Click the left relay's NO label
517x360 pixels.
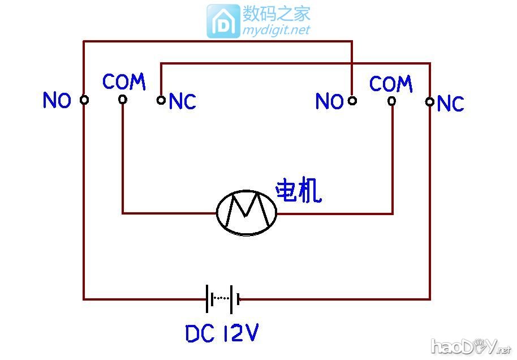[x=57, y=101]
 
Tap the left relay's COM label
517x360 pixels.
[x=124, y=82]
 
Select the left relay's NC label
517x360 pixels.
[x=182, y=102]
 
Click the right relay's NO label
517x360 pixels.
[x=329, y=102]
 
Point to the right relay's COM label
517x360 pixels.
[x=391, y=84]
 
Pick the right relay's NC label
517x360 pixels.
[x=451, y=104]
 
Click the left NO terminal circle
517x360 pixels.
[x=84, y=100]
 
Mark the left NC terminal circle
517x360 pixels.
[x=161, y=100]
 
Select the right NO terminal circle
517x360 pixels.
[x=352, y=101]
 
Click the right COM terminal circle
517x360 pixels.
[x=391, y=101]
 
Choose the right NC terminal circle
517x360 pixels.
[x=430, y=102]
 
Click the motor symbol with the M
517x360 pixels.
[x=247, y=213]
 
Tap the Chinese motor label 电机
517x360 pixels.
[x=298, y=192]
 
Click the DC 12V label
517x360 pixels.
[x=222, y=334]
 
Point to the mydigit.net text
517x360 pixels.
[x=277, y=30]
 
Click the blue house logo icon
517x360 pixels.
[x=223, y=22]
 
